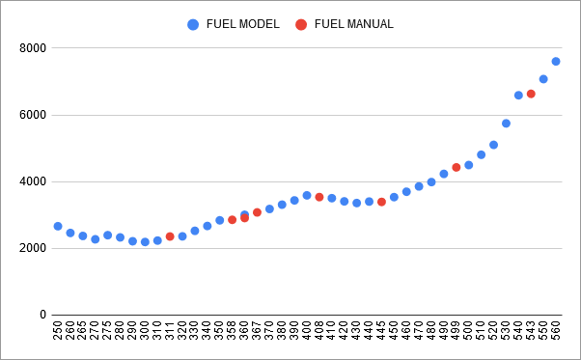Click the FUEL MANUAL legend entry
pos(345,24)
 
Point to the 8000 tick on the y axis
pos(33,48)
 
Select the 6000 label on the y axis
pos(33,115)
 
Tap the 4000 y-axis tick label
pos(33,181)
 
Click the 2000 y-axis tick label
pos(33,248)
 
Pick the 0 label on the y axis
pos(42,315)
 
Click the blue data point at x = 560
pos(556,62)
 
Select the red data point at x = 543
pos(531,94)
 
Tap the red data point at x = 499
pos(456,167)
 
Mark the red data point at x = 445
pos(381,202)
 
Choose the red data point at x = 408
pos(319,197)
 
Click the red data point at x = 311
pos(170,236)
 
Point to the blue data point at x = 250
pos(58,226)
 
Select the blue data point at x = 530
pos(506,124)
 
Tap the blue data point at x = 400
pos(307,195)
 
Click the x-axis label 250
pos(58,333)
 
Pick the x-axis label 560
pos(556,333)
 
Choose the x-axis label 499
pos(456,333)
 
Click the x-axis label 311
pos(170,333)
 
